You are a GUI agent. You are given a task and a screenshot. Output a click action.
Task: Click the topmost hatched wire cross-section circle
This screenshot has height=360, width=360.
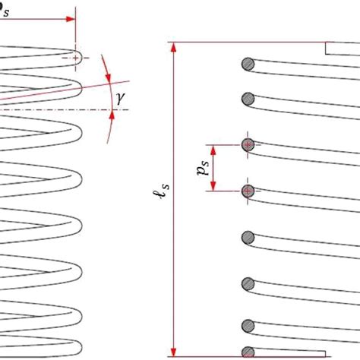coord(247,64)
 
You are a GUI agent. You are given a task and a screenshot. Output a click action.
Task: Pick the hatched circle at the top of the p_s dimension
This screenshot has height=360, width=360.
coord(247,144)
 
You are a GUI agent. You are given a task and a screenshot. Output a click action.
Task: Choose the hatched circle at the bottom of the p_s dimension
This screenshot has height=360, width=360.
coord(247,191)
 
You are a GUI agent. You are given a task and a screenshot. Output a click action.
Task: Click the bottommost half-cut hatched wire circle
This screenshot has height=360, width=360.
coord(247,352)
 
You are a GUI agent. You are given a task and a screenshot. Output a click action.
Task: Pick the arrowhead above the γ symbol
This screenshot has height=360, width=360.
coord(108,77)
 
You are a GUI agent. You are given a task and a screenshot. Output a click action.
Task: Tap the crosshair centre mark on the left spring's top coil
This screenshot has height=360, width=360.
coord(77,57)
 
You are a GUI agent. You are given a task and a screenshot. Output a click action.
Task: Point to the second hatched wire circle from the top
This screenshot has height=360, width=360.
coord(247,98)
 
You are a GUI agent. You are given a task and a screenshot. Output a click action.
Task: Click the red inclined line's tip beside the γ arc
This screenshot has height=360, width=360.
coord(128,80)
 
